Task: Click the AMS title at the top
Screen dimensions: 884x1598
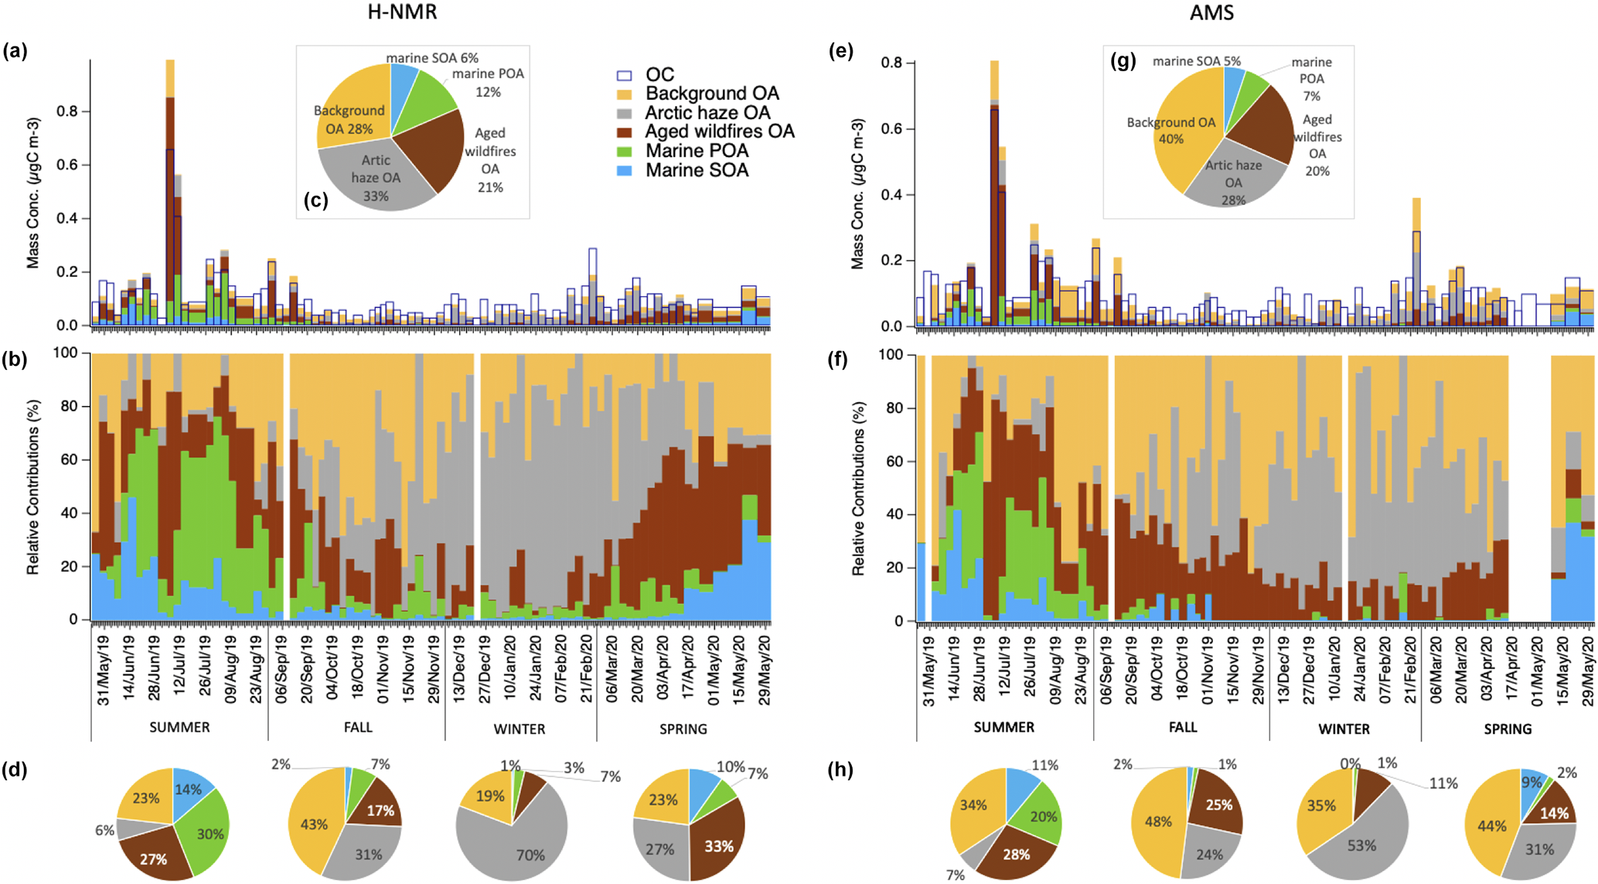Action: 1211,12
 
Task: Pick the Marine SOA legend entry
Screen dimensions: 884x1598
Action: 697,170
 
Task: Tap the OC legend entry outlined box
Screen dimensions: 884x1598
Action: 625,75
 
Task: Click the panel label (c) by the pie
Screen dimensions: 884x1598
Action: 315,200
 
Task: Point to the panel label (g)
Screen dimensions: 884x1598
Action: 1123,62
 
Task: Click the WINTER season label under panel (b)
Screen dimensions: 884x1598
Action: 520,729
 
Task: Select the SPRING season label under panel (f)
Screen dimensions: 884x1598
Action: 1507,729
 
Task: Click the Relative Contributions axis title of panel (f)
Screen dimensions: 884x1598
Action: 858,487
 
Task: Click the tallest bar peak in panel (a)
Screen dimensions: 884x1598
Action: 170,62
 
